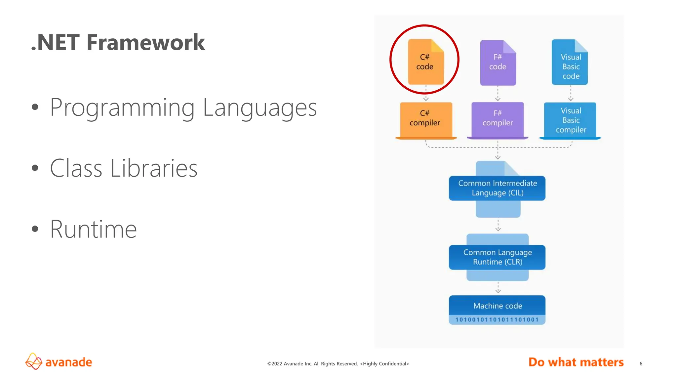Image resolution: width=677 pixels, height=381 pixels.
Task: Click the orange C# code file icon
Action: tap(425, 62)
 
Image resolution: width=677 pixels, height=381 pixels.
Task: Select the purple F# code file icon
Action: tap(498, 63)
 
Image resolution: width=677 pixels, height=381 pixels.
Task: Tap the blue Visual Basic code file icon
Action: tap(570, 62)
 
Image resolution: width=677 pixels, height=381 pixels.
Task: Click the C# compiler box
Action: tap(426, 119)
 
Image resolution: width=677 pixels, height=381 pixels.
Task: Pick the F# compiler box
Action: tap(498, 119)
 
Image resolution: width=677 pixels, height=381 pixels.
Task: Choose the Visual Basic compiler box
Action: tap(570, 120)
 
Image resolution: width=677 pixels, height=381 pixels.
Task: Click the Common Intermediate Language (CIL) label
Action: tap(497, 188)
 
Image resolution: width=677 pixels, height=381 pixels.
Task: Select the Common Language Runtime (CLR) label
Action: tap(497, 257)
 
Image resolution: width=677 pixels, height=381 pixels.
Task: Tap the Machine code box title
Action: tap(497, 306)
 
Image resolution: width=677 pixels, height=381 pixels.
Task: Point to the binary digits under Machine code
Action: tap(497, 320)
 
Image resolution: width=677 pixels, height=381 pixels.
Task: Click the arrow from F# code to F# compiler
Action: tap(498, 94)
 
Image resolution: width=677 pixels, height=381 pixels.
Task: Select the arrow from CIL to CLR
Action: tap(498, 225)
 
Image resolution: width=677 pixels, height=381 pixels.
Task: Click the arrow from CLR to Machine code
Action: tap(498, 288)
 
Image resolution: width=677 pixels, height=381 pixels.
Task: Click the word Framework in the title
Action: tap(145, 42)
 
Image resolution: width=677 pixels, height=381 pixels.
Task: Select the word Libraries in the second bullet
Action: tap(153, 168)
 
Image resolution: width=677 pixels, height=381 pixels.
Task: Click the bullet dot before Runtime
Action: tap(35, 229)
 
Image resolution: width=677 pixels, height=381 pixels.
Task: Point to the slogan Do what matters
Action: tap(576, 362)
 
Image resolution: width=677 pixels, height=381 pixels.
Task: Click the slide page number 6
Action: tap(641, 363)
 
